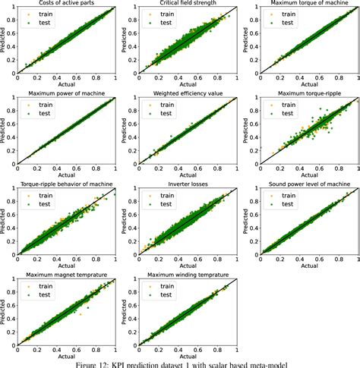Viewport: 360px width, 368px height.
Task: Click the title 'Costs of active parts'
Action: (x=66, y=3)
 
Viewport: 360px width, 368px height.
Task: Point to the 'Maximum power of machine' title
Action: (x=66, y=95)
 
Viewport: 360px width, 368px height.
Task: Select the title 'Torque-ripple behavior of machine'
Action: (x=66, y=184)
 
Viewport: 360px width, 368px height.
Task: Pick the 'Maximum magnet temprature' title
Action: (x=66, y=274)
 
